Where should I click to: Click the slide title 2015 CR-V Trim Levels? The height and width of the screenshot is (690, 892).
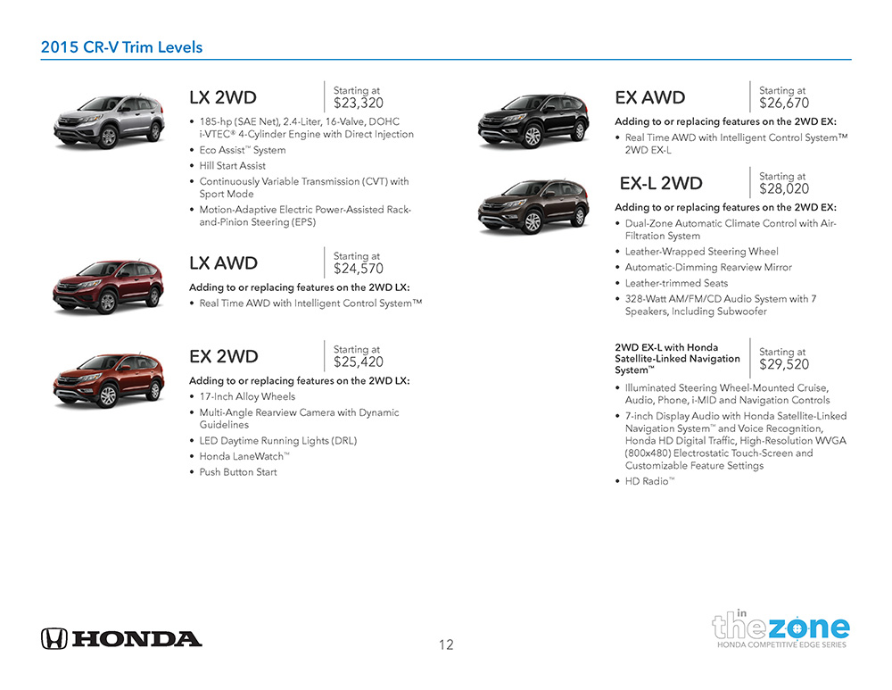[x=121, y=47]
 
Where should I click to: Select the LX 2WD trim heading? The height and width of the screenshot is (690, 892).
[x=223, y=97]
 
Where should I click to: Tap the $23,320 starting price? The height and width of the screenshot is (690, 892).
[x=359, y=104]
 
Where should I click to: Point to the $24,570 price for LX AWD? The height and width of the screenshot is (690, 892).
[x=359, y=269]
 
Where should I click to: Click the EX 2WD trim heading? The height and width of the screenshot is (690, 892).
[x=224, y=357]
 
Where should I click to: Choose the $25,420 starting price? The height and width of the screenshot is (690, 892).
[x=359, y=362]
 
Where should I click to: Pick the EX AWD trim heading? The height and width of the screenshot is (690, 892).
[x=650, y=97]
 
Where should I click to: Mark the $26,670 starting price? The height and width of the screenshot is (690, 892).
[x=784, y=104]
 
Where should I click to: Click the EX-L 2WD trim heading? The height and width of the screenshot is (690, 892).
[x=661, y=184]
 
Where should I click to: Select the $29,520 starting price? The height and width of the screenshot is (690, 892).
[x=784, y=364]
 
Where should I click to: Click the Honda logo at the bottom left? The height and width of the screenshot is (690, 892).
[x=121, y=638]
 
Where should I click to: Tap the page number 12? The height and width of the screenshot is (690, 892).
[x=446, y=644]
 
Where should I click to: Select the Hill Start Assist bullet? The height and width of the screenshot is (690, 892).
[x=232, y=166]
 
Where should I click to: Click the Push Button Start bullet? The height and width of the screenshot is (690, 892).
[x=238, y=472]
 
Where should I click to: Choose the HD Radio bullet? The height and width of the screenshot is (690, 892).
[x=649, y=481]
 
